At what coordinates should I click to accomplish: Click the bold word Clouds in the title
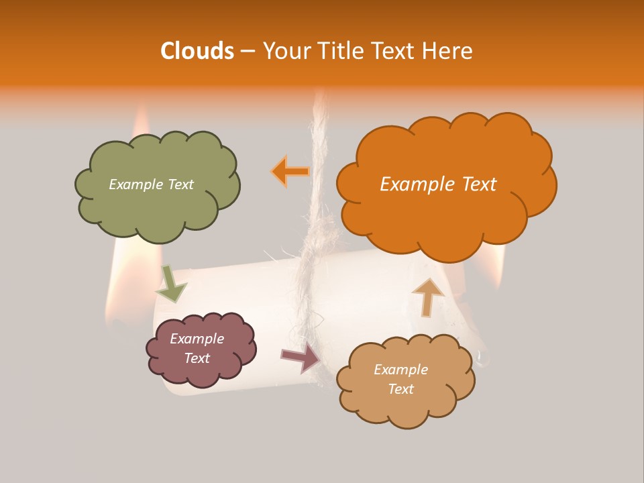(x=197, y=51)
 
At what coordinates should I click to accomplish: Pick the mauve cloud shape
(x=201, y=372)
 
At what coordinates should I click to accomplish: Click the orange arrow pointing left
(x=290, y=171)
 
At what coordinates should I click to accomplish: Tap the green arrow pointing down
(x=170, y=284)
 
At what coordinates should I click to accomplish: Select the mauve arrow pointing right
(x=301, y=358)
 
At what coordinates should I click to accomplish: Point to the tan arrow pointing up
(x=427, y=297)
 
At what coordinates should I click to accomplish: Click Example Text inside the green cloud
(x=151, y=184)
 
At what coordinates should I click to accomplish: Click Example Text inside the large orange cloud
(x=438, y=184)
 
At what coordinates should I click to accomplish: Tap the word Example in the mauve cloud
(x=197, y=339)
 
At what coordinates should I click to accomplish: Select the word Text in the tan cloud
(x=400, y=389)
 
